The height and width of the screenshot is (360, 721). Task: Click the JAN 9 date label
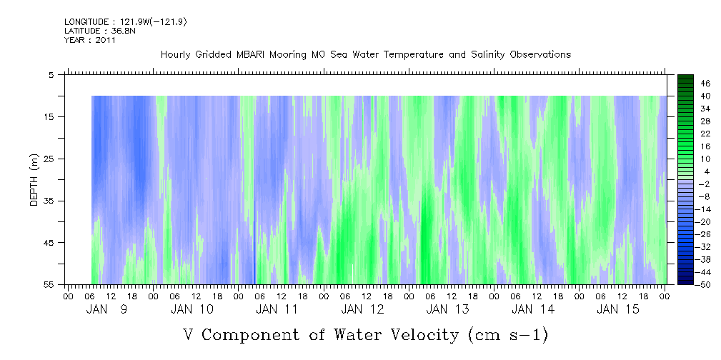(107, 309)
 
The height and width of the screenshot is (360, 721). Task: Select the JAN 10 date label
(192, 309)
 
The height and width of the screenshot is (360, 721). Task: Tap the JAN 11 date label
(277, 309)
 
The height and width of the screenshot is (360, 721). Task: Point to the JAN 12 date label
(362, 309)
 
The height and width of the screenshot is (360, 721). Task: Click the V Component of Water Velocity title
(365, 334)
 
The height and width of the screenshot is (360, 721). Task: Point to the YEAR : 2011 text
(90, 40)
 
